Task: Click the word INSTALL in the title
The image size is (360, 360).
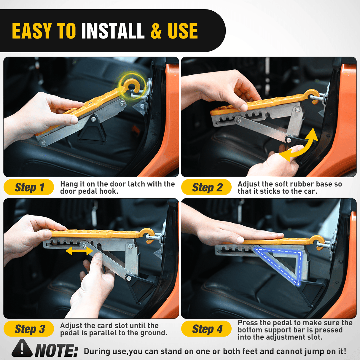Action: coord(113,31)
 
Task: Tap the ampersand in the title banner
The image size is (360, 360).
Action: coord(156,31)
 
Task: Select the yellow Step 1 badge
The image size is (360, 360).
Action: coord(29,187)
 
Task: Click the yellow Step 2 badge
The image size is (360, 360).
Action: coord(207,187)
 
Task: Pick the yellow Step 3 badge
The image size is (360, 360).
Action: coord(29,329)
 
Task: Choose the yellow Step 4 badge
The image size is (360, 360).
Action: coord(207,329)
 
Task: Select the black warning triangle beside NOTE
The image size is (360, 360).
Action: coord(22,348)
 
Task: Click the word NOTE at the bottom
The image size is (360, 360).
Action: coord(56,351)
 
